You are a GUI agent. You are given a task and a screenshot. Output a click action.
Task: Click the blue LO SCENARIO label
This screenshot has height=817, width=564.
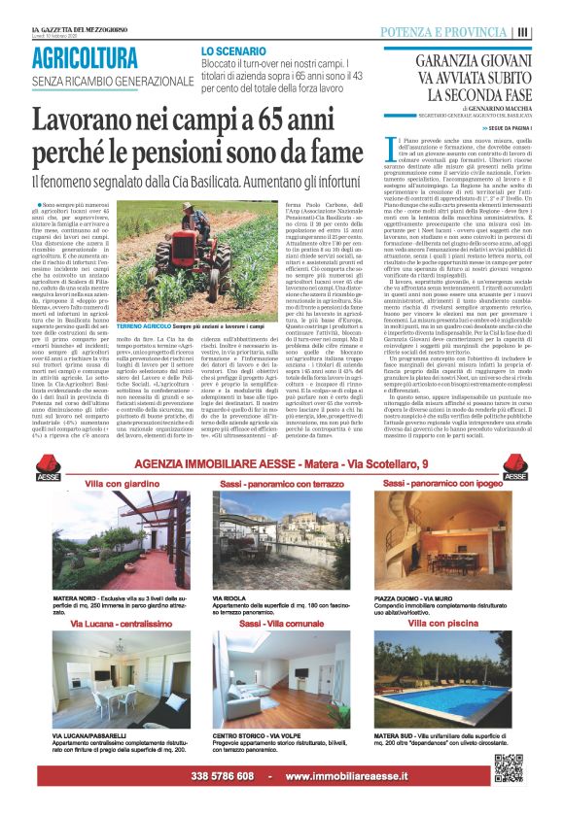pyautogui.click(x=233, y=49)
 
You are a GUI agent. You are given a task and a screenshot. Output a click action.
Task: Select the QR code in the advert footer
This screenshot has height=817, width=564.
pyautogui.click(x=508, y=767)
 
